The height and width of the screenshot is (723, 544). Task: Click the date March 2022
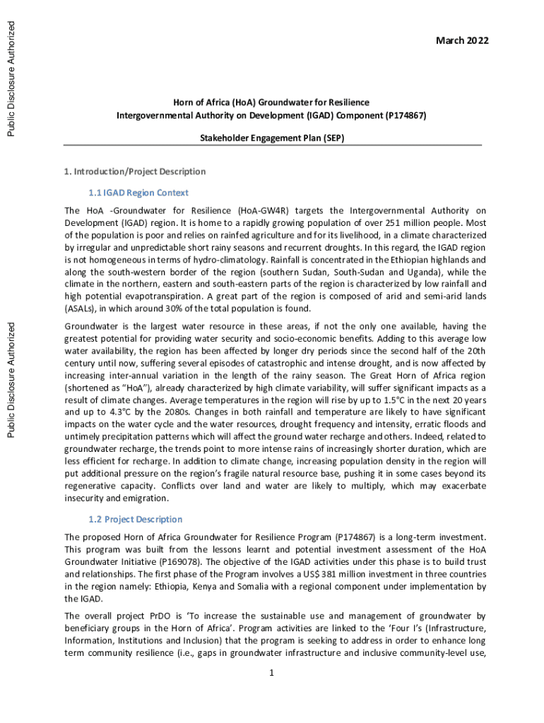tap(463, 41)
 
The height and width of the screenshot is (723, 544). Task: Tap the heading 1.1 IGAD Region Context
tap(138, 192)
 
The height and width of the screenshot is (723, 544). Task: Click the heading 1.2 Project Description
tap(134, 519)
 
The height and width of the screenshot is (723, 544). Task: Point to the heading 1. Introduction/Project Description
tap(135, 171)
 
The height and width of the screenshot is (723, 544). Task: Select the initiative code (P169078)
tap(187, 563)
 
